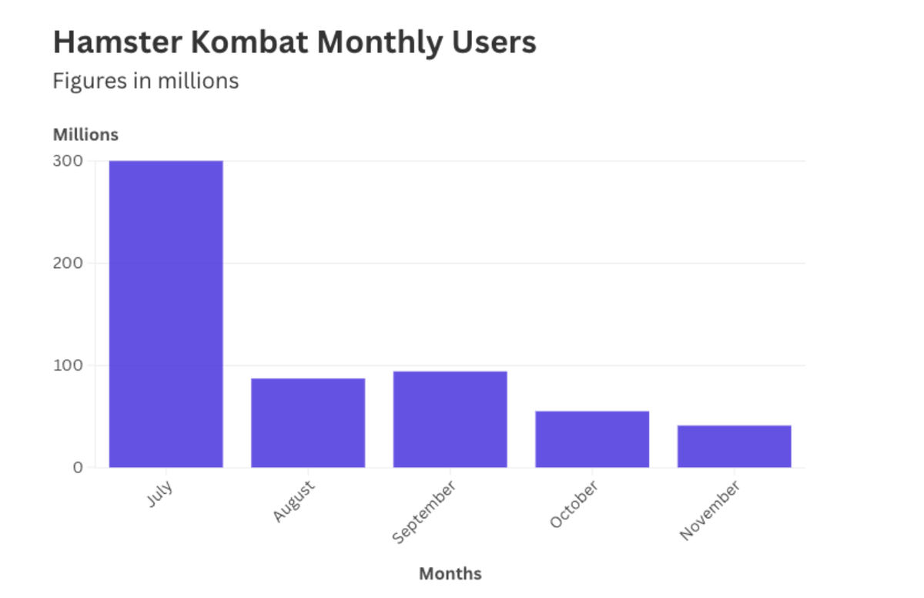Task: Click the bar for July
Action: pos(166,314)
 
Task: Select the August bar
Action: pos(308,422)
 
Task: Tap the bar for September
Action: pos(450,419)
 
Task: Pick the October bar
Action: pos(592,439)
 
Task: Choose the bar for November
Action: pos(734,446)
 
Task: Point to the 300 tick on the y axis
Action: pos(69,161)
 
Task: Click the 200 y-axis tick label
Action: pos(69,263)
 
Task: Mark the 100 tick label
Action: pos(69,365)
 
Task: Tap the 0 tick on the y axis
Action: pos(78,467)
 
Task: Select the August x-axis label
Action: pos(294,502)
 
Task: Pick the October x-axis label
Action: pos(574,505)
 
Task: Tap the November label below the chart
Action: pos(710,510)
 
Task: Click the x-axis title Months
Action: pos(450,574)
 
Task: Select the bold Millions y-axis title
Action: pos(85,135)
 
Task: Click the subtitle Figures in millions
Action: pos(146,81)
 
